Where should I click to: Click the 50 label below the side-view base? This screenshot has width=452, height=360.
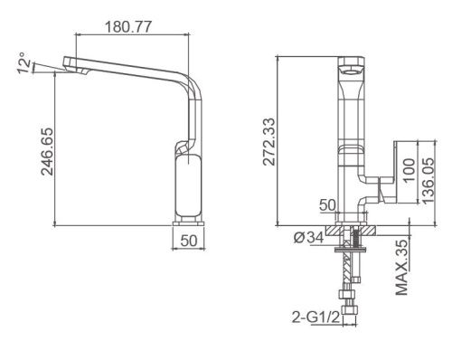pos(189,241)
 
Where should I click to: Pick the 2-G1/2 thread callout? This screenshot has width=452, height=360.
pos(313,317)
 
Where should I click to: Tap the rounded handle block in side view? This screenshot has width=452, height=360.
pos(188,185)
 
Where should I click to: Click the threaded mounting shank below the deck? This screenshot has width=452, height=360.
pos(348,258)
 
